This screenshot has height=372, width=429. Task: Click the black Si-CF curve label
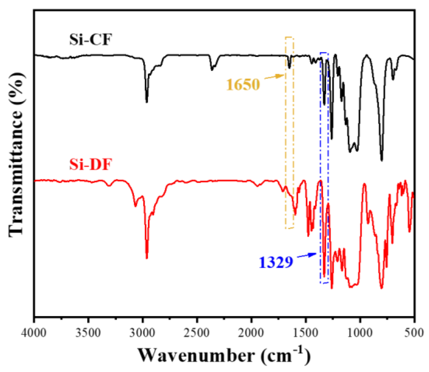pos(90,40)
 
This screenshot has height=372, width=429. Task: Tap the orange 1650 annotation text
pos(243,85)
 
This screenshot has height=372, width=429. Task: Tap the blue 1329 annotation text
pos(276,262)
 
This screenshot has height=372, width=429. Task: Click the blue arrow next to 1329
pos(307,255)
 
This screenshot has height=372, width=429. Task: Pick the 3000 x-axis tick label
pos(143,332)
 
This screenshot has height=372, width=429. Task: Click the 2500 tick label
pos(197,332)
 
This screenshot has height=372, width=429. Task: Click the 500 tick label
pos(414,332)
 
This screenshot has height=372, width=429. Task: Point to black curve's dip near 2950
pos(147,102)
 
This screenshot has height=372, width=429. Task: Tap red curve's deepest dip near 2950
pos(147,258)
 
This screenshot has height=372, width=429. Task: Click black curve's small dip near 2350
pos(212,69)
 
